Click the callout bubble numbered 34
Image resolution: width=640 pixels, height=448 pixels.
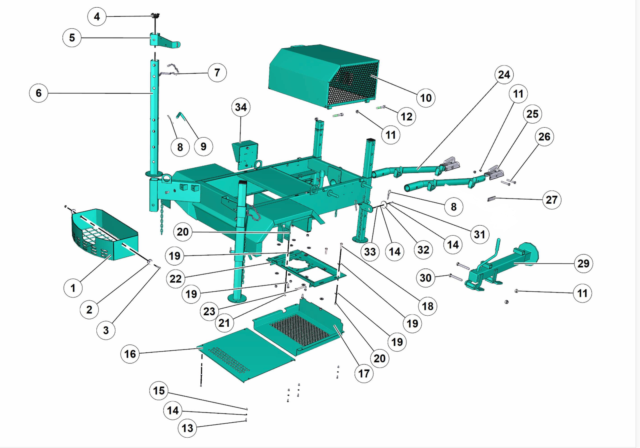click(x=241, y=107)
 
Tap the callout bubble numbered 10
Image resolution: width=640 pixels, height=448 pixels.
click(x=426, y=98)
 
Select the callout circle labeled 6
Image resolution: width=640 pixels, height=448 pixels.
click(x=38, y=93)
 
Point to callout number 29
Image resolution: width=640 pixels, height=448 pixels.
click(x=583, y=264)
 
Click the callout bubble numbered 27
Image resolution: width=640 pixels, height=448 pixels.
click(x=552, y=200)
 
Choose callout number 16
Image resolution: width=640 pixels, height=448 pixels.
click(x=130, y=354)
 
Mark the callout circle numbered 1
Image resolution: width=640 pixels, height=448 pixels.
click(x=73, y=288)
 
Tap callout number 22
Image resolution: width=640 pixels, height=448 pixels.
click(x=176, y=279)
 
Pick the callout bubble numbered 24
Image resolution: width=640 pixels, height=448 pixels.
click(x=504, y=75)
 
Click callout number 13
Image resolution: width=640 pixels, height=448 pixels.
click(x=187, y=428)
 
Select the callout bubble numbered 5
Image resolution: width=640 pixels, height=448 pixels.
click(x=72, y=38)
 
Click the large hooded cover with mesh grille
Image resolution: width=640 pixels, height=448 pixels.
click(x=324, y=76)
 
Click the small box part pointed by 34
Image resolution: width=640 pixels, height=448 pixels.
click(x=245, y=154)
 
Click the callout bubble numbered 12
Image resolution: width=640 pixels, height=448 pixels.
click(x=406, y=116)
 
